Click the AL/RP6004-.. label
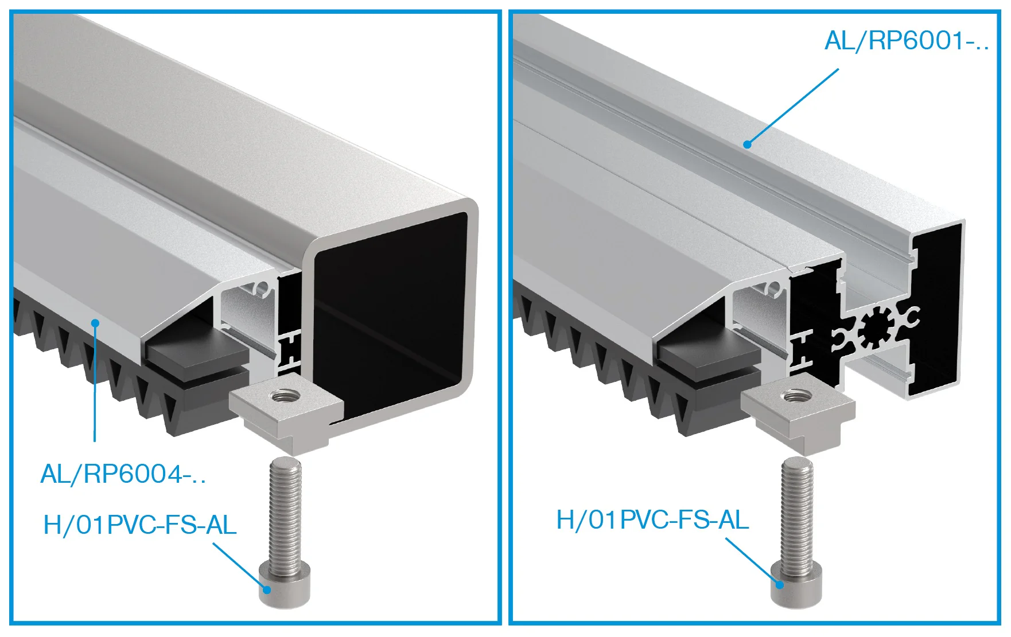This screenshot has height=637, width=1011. pos(123,474)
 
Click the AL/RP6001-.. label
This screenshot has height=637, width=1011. pos(907,41)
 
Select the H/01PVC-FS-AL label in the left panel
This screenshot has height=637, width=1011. pos(140,525)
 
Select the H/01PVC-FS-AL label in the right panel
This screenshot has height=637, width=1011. pos(653,520)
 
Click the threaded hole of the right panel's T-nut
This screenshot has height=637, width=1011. pos(795,395)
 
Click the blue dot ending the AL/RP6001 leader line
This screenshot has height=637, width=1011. pos(747,144)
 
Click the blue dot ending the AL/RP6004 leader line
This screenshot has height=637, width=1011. pos(95,323)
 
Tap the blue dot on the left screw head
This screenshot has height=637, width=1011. pos(267,589)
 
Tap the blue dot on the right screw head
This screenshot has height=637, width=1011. pos(779,584)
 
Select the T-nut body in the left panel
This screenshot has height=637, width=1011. pos(286,410)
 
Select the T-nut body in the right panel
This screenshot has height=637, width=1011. pos(798,410)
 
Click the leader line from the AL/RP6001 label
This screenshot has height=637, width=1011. pos(793,107)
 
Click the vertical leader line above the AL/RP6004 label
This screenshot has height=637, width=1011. pos(95,382)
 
